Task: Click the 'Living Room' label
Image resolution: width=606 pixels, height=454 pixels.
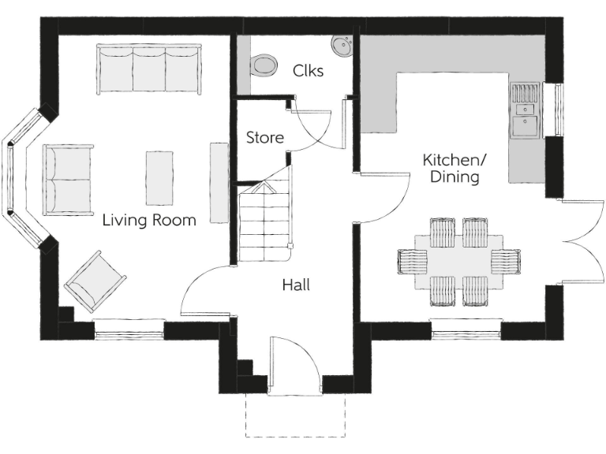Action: click(x=149, y=220)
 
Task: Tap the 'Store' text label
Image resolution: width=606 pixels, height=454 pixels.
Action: click(x=264, y=137)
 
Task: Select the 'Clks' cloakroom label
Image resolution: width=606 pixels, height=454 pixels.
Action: click(x=308, y=70)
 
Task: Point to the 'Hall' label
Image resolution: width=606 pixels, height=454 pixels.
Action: click(x=296, y=285)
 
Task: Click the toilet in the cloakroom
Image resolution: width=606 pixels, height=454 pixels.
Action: click(x=262, y=65)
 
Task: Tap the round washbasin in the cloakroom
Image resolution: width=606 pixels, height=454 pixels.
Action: click(x=342, y=47)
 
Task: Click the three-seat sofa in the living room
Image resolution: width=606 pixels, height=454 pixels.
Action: click(x=149, y=68)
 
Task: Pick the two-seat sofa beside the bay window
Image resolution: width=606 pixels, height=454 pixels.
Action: click(x=68, y=180)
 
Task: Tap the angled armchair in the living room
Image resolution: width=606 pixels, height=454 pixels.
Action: click(x=95, y=281)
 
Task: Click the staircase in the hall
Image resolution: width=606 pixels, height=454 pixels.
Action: click(x=264, y=225)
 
